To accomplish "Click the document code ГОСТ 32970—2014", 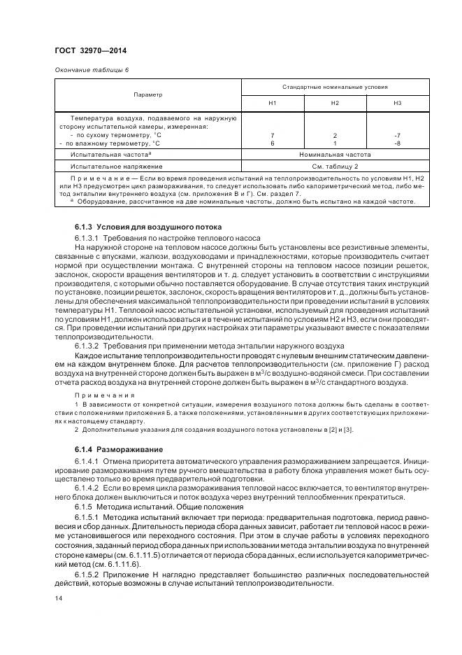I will click(x=91, y=50).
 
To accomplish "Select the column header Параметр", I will click(x=147, y=94).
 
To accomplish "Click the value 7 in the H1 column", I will click(x=273, y=134).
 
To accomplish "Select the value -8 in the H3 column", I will click(x=397, y=142).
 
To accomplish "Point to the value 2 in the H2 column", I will click(x=335, y=134).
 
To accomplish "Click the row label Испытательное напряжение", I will click(x=116, y=167).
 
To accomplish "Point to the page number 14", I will click(x=58, y=599).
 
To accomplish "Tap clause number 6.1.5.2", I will click(x=87, y=575).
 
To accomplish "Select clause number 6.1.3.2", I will click(x=87, y=345).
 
